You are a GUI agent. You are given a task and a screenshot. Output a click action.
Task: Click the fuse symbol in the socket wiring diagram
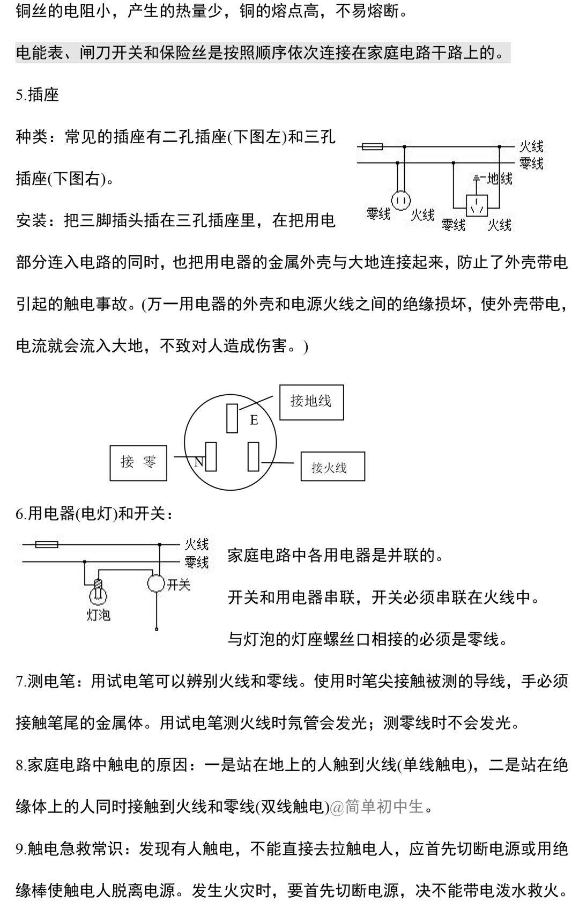click(372, 146)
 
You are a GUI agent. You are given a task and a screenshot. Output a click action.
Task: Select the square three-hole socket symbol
click(477, 204)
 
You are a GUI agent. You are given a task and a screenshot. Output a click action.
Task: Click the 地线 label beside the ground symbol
click(500, 179)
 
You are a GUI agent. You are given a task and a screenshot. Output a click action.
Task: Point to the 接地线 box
click(311, 402)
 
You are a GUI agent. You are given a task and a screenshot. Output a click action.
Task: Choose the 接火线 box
click(332, 467)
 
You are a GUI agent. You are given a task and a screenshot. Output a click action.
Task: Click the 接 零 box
click(138, 462)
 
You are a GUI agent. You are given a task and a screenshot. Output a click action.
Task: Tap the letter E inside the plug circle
click(254, 420)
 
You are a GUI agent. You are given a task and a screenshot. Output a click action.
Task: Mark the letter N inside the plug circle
click(198, 461)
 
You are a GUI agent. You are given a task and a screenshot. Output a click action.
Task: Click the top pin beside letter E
click(232, 418)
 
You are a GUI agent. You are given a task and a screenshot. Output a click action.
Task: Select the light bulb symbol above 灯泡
click(98, 593)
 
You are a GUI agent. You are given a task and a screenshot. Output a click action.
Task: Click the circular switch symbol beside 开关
click(156, 583)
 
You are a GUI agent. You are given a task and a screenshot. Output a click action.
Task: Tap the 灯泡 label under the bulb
click(98, 615)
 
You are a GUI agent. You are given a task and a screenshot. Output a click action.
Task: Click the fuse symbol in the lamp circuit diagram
click(47, 545)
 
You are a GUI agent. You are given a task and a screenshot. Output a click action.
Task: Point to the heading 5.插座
click(38, 95)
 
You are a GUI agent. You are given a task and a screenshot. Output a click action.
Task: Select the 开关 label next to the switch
click(179, 584)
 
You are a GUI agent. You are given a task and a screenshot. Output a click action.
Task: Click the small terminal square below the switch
click(157, 629)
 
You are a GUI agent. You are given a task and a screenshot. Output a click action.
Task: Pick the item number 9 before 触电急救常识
click(21, 849)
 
